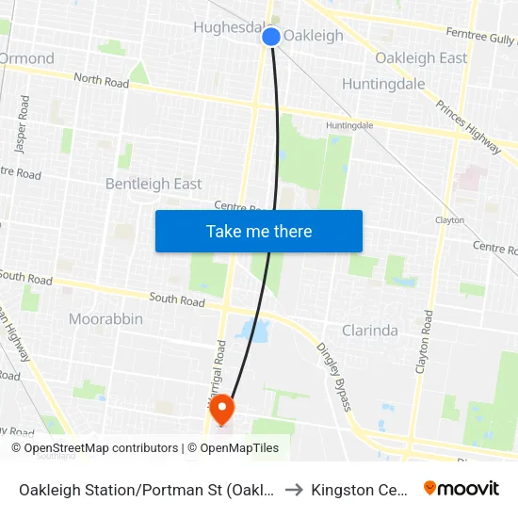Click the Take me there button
tap(259, 231)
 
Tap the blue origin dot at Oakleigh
tap(271, 37)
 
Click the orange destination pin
tap(222, 410)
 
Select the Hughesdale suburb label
tap(230, 27)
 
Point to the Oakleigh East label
tap(421, 58)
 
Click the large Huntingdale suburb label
tap(383, 84)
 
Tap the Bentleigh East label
tap(154, 184)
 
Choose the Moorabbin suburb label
tap(105, 319)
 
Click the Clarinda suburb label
tap(369, 331)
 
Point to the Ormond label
tap(26, 58)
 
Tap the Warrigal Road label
tap(219, 368)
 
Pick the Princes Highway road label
tap(469, 123)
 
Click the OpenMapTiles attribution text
tap(238, 448)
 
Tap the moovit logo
tap(461, 488)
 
